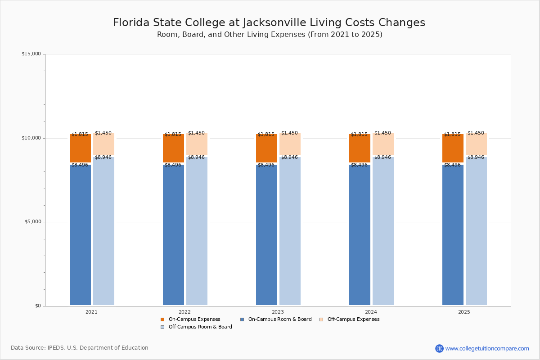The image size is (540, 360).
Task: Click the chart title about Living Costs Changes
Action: [269, 23]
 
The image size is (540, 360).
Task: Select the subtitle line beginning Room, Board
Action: [270, 35]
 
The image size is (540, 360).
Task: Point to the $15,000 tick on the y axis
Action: [31, 54]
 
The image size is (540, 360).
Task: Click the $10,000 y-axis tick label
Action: [31, 138]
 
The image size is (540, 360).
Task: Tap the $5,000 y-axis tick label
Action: [32, 222]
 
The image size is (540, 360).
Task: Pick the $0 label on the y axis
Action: [38, 306]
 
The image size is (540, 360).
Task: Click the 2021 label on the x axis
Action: [91, 312]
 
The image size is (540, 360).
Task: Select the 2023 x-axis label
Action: [278, 312]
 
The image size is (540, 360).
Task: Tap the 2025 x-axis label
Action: [464, 312]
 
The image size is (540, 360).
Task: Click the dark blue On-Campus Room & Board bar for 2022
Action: [173, 234]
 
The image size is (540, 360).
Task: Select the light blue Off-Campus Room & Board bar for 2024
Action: [383, 229]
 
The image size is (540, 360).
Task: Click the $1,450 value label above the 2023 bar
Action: [289, 133]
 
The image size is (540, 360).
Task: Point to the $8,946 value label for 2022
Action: [196, 157]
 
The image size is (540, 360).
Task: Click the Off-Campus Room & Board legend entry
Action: [200, 327]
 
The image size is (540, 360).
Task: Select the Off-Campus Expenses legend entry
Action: [353, 319]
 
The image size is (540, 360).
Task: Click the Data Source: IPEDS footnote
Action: [80, 348]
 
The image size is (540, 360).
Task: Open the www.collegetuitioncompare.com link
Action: [487, 348]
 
